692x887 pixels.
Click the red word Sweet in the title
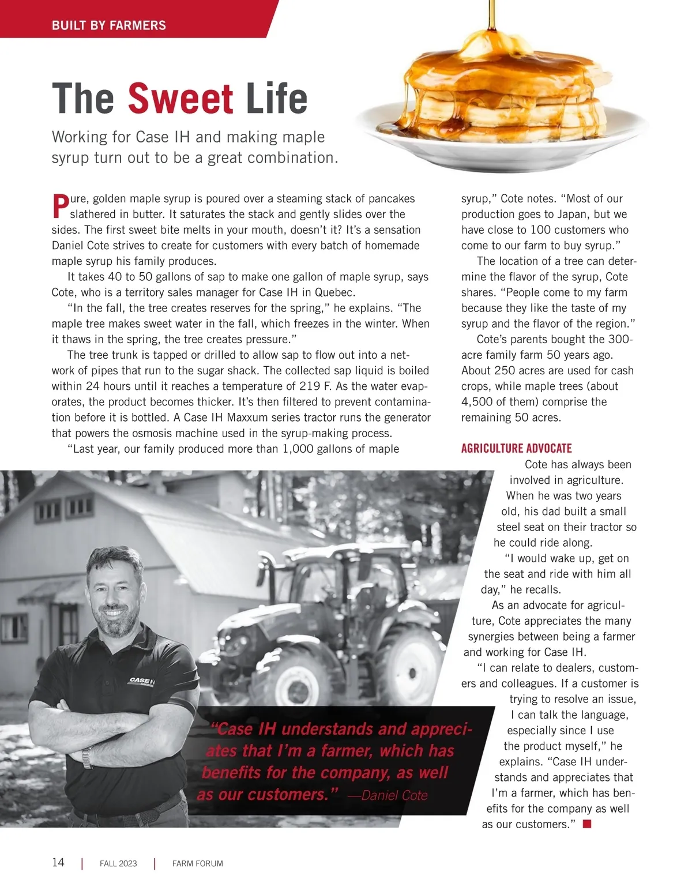180,99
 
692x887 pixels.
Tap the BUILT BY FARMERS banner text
109,25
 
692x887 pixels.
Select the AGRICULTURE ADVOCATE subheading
516,448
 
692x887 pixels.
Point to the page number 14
58,862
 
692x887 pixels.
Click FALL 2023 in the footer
118,863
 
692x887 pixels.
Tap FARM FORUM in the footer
197,863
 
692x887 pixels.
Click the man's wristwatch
87,757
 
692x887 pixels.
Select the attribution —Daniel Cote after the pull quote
388,795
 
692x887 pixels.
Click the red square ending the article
587,824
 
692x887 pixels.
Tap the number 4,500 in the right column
477,401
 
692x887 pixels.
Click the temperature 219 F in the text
314,386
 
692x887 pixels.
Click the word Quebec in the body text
334,292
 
